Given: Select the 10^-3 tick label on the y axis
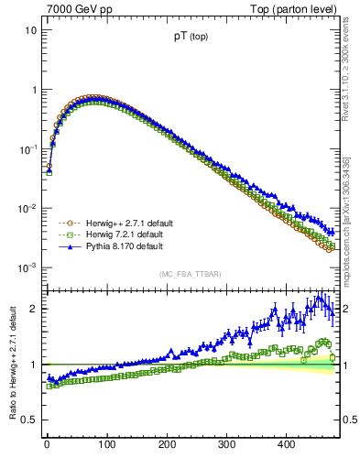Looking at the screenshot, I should pos(27,268).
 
